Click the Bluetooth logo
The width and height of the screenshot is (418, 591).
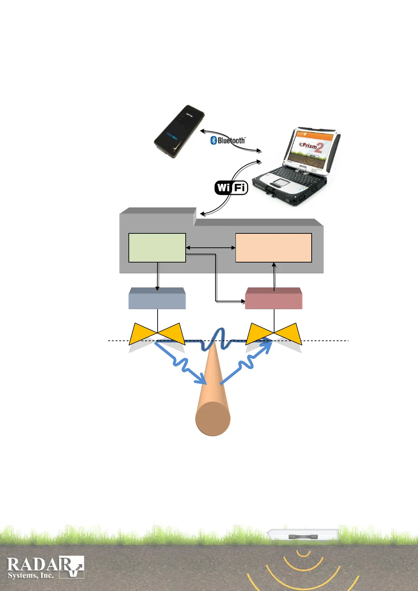228,140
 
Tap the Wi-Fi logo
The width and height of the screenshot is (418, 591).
231,187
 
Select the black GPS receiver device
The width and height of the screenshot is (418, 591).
179,131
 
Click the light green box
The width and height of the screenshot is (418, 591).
157,248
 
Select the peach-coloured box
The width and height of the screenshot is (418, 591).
273,248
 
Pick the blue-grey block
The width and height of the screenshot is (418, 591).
157,299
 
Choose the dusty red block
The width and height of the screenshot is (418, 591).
273,299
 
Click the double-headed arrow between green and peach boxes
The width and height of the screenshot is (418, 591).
211,248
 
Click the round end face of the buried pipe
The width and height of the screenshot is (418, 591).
213,419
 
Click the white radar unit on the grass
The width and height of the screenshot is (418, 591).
303,536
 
